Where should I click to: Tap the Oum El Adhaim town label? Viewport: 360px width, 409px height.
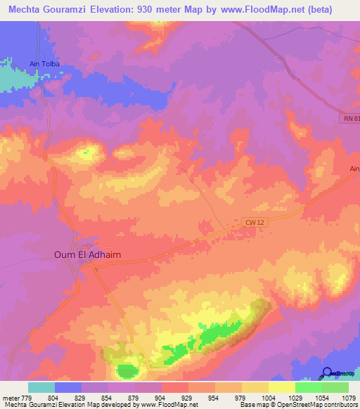(x=85, y=255)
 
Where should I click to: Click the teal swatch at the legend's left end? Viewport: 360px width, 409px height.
(x=41, y=387)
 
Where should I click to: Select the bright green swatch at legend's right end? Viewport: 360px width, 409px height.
(x=335, y=387)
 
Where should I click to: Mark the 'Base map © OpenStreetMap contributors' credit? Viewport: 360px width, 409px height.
(x=298, y=405)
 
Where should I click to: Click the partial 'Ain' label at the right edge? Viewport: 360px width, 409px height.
(x=354, y=169)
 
